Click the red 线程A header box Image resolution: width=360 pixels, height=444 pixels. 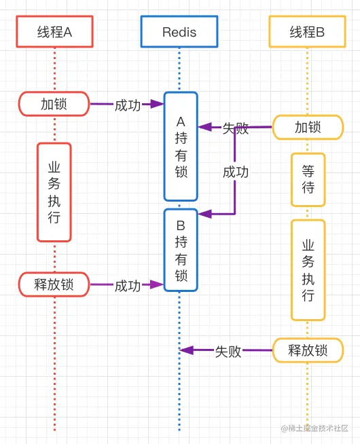[54, 32]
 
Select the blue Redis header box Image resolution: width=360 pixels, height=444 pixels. [179, 32]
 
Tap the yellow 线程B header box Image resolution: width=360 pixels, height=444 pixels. [307, 32]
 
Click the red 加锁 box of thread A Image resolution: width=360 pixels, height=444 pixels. [54, 105]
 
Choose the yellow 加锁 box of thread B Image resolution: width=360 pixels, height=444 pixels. [308, 128]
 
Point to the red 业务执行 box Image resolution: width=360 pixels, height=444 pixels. [54, 192]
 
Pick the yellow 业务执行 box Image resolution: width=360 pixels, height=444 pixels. [308, 270]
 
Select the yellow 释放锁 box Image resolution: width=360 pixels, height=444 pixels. [308, 350]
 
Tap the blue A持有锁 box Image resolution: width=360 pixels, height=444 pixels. [181, 147]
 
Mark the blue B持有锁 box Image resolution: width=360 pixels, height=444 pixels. [181, 250]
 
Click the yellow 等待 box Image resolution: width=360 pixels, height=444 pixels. [308, 180]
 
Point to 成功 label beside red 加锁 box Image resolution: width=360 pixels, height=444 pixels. [127, 105]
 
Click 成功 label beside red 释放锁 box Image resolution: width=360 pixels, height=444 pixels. [127, 285]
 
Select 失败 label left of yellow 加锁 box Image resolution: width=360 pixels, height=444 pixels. [235, 128]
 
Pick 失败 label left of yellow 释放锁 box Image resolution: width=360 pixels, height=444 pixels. [228, 351]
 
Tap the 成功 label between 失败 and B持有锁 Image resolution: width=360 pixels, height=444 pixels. [235, 172]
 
